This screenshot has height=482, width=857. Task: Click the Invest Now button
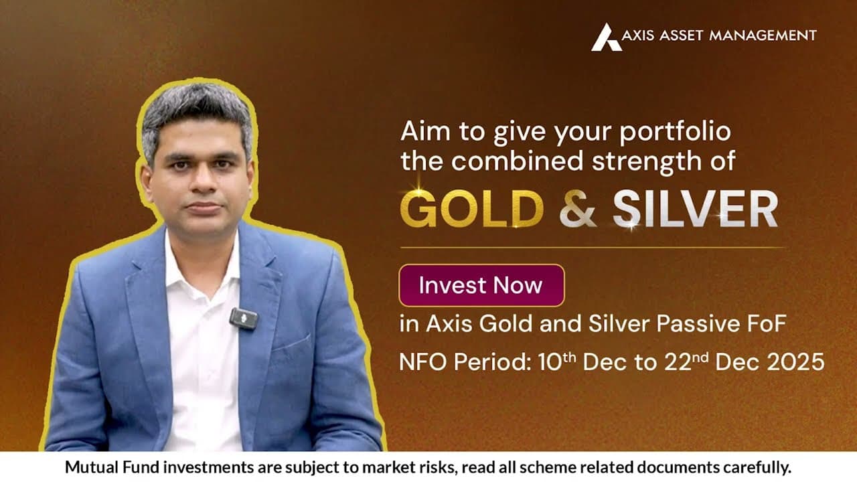481,285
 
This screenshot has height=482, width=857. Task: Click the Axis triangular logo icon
605,37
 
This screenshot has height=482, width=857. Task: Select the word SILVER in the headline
695,209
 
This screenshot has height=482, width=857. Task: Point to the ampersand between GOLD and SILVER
577,209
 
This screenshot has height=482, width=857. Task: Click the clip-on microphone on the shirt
244,318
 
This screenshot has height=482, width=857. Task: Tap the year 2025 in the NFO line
795,362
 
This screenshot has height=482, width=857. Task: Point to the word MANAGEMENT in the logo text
771,35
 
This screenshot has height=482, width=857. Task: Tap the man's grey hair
196,110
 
